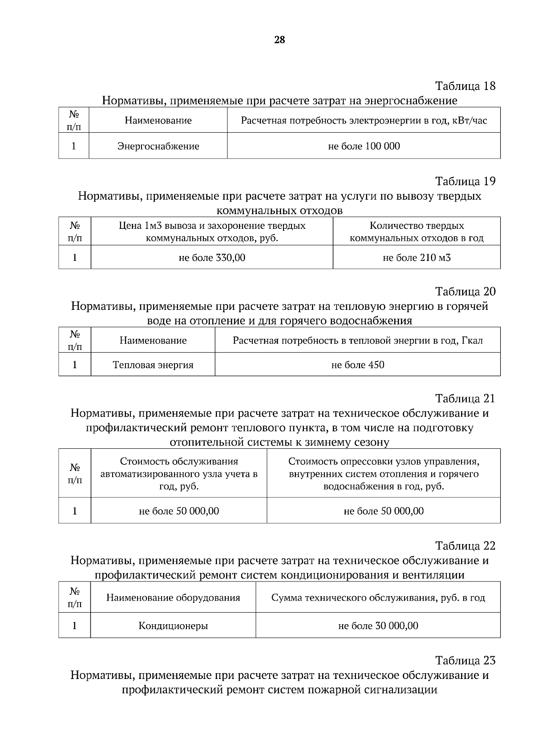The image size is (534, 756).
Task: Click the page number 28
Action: pos(279,40)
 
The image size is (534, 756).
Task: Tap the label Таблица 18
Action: pos(465,85)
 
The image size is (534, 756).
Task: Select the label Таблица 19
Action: pos(465,181)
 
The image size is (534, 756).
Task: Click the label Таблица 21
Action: pos(465,398)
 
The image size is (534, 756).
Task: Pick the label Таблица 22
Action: pos(465,545)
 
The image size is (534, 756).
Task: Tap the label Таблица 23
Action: pos(465,660)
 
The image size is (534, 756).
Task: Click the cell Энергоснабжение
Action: pos(158,146)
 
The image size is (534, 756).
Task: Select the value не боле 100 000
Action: pos(364,146)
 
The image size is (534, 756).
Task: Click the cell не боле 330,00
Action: pos(212,257)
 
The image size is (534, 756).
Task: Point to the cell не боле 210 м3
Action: pos(417,257)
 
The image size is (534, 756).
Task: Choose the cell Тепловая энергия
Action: pos(153,365)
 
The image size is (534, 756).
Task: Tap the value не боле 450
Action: pos(358,365)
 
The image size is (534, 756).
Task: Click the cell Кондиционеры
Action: pos(173,626)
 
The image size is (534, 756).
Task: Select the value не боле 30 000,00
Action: pos(378,626)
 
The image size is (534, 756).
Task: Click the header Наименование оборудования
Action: pos(173,597)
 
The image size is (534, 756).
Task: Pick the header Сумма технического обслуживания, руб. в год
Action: pos(378,597)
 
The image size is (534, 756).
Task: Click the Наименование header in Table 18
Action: pos(158,120)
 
